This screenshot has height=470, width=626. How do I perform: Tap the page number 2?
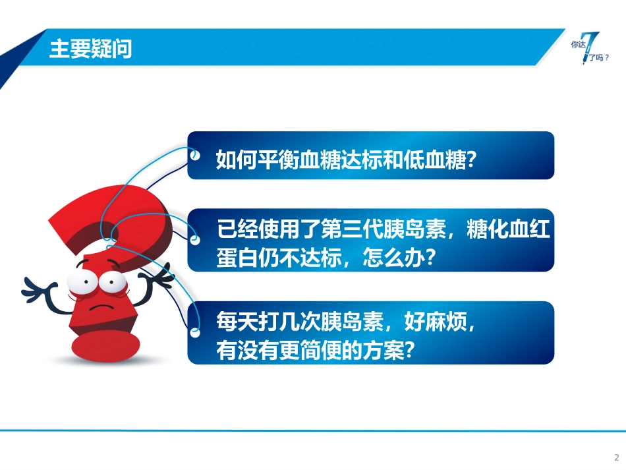(x=617, y=457)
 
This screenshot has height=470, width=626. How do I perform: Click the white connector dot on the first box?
(x=194, y=156)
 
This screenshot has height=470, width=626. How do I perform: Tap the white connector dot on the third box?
(x=194, y=332)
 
